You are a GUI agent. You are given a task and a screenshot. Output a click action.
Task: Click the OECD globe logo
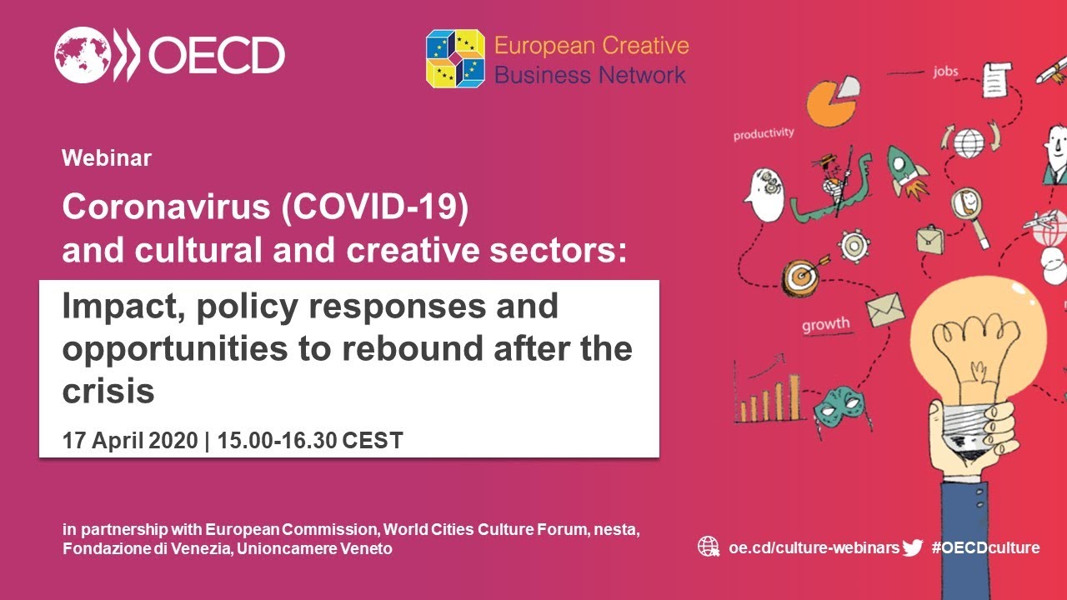(83, 55)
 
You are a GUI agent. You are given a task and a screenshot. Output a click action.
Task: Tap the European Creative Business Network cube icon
(455, 58)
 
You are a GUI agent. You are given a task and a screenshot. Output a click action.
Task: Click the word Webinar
(107, 158)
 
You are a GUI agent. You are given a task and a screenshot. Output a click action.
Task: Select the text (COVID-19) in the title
(375, 207)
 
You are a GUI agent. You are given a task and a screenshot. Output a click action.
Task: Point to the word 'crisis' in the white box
(108, 391)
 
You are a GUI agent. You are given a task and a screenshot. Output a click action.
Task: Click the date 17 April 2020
(130, 440)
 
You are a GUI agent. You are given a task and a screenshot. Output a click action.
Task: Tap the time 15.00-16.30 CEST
(310, 440)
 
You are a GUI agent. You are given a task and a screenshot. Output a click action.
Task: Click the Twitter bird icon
(912, 547)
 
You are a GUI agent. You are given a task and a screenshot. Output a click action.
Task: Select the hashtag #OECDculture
(985, 547)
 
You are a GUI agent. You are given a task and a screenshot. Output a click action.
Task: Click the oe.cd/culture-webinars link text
(814, 547)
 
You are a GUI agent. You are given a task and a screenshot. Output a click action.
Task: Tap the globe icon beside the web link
(709, 547)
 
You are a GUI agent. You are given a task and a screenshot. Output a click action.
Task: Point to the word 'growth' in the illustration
(825, 324)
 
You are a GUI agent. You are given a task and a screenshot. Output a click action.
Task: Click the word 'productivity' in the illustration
(764, 134)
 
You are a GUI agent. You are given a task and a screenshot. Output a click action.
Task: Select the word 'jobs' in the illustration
(945, 72)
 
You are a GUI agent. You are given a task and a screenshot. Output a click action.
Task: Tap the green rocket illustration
(905, 172)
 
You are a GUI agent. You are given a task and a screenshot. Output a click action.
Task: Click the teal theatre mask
(841, 407)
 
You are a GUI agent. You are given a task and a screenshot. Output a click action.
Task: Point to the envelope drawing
(885, 309)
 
